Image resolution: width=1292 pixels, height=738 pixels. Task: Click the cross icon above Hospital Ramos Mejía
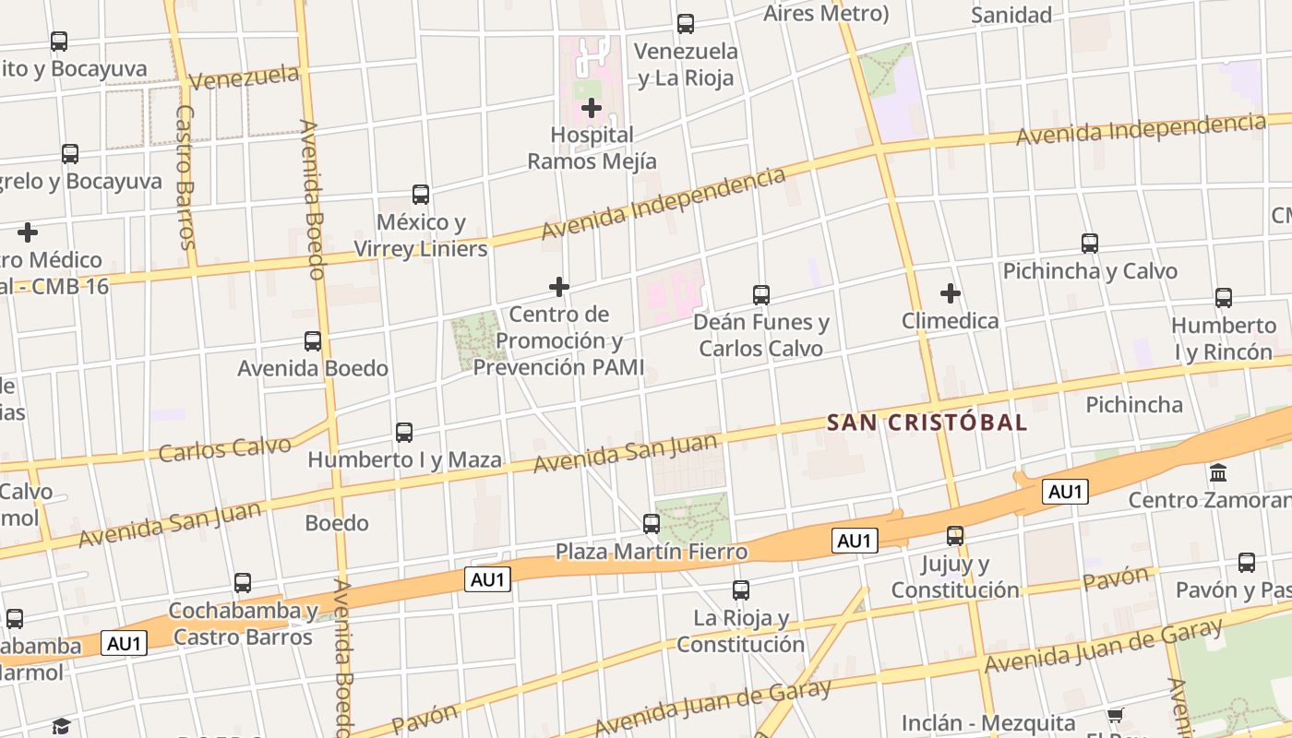pos(592,108)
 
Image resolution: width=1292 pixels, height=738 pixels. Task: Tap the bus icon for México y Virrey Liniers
pos(421,195)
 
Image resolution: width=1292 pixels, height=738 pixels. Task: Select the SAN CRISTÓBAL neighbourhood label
pos(927,423)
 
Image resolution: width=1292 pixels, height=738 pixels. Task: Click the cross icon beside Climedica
pos(951,293)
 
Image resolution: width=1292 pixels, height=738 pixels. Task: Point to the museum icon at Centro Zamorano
pos(1218,472)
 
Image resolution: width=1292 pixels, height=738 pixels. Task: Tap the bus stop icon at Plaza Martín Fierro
pos(652,524)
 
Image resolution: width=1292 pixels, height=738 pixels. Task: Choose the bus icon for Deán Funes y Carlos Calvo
pos(761,295)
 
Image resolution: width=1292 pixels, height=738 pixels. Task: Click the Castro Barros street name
pos(185,177)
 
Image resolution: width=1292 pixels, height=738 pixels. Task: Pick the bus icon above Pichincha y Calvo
pos(1090,244)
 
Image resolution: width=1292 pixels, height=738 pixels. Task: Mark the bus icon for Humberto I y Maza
pos(404,432)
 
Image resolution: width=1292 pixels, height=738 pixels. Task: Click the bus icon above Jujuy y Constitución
pos(955,536)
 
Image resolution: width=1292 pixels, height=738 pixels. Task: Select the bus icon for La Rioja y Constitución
pos(741,590)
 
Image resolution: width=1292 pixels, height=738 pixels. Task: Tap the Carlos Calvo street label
pos(225,448)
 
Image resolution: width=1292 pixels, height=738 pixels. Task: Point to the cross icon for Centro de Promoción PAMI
pos(559,287)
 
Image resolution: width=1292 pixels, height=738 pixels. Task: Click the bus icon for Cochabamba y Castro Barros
pos(243,583)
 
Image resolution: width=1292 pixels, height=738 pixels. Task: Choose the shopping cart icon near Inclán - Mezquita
pos(1115,716)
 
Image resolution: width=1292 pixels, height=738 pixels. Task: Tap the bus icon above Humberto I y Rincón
pos(1224,298)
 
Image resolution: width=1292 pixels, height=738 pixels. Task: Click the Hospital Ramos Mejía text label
pos(592,148)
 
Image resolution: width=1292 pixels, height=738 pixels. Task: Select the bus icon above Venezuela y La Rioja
pos(686,24)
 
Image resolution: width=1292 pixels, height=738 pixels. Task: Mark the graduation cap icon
pos(61,726)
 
